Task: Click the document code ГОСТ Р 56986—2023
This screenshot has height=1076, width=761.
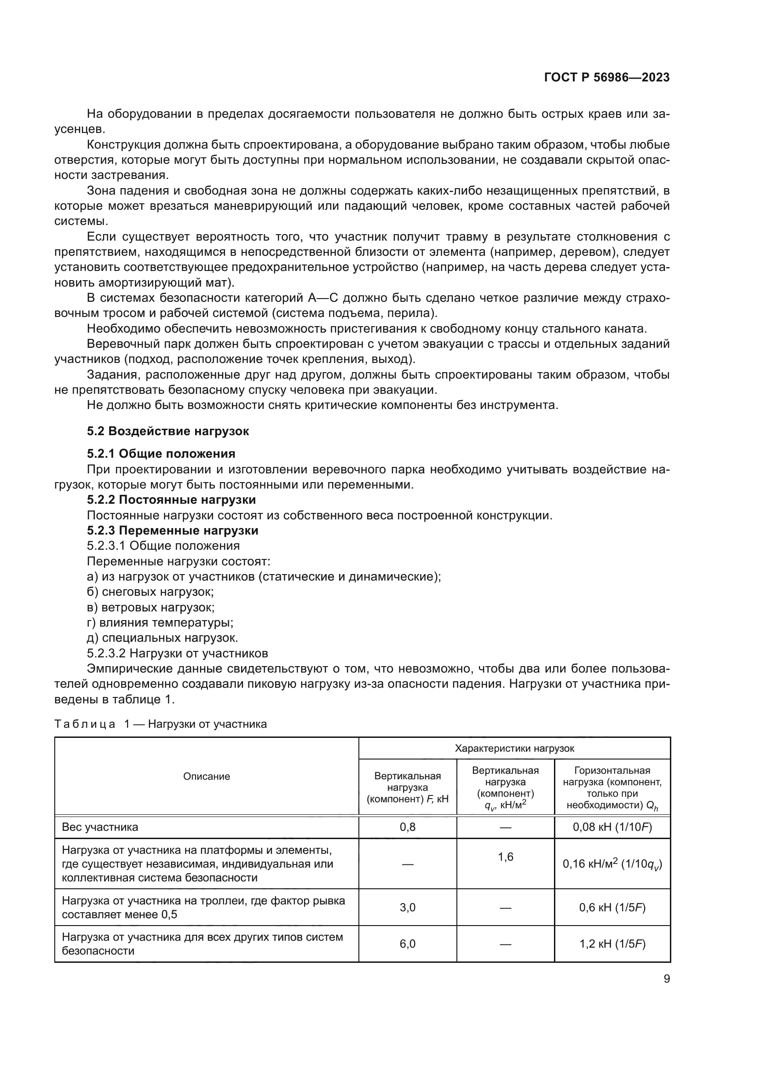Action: pyautogui.click(x=607, y=78)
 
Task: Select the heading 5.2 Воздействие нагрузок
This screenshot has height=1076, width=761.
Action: pyautogui.click(x=168, y=431)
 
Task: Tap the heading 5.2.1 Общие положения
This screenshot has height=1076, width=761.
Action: pyautogui.click(x=161, y=454)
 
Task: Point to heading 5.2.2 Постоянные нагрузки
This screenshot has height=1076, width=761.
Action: pyautogui.click(x=171, y=500)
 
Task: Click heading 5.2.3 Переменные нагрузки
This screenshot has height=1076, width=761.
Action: pyautogui.click(x=173, y=530)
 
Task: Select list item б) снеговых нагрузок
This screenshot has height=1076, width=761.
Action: pyautogui.click(x=150, y=592)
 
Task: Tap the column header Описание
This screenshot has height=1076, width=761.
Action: pyautogui.click(x=207, y=777)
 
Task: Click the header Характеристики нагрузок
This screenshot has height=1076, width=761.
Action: pyautogui.click(x=514, y=748)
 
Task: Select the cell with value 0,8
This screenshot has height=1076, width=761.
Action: pyautogui.click(x=407, y=827)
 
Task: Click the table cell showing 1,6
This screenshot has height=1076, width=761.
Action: pyautogui.click(x=505, y=857)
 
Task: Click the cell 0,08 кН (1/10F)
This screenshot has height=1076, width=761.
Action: pyautogui.click(x=612, y=827)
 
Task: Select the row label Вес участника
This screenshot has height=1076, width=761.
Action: pyautogui.click(x=100, y=827)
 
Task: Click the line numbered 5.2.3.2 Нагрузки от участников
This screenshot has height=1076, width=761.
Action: pyautogui.click(x=177, y=653)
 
